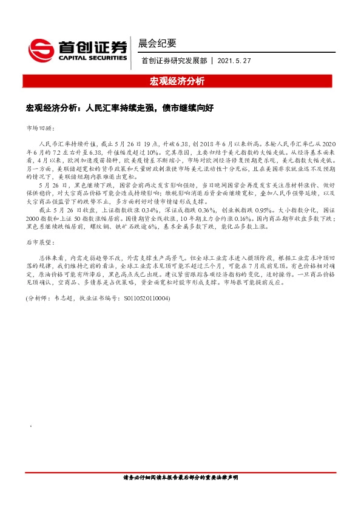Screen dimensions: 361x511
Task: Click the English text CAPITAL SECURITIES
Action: coord(91,55)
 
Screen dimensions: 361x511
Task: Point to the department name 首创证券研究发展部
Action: coord(174,61)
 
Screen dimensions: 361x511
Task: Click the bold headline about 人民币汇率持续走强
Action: coord(120,108)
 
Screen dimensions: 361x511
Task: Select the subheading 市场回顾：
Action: coord(40,128)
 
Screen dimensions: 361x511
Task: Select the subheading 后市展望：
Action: coord(40,241)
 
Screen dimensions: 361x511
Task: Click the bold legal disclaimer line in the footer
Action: coord(180,478)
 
